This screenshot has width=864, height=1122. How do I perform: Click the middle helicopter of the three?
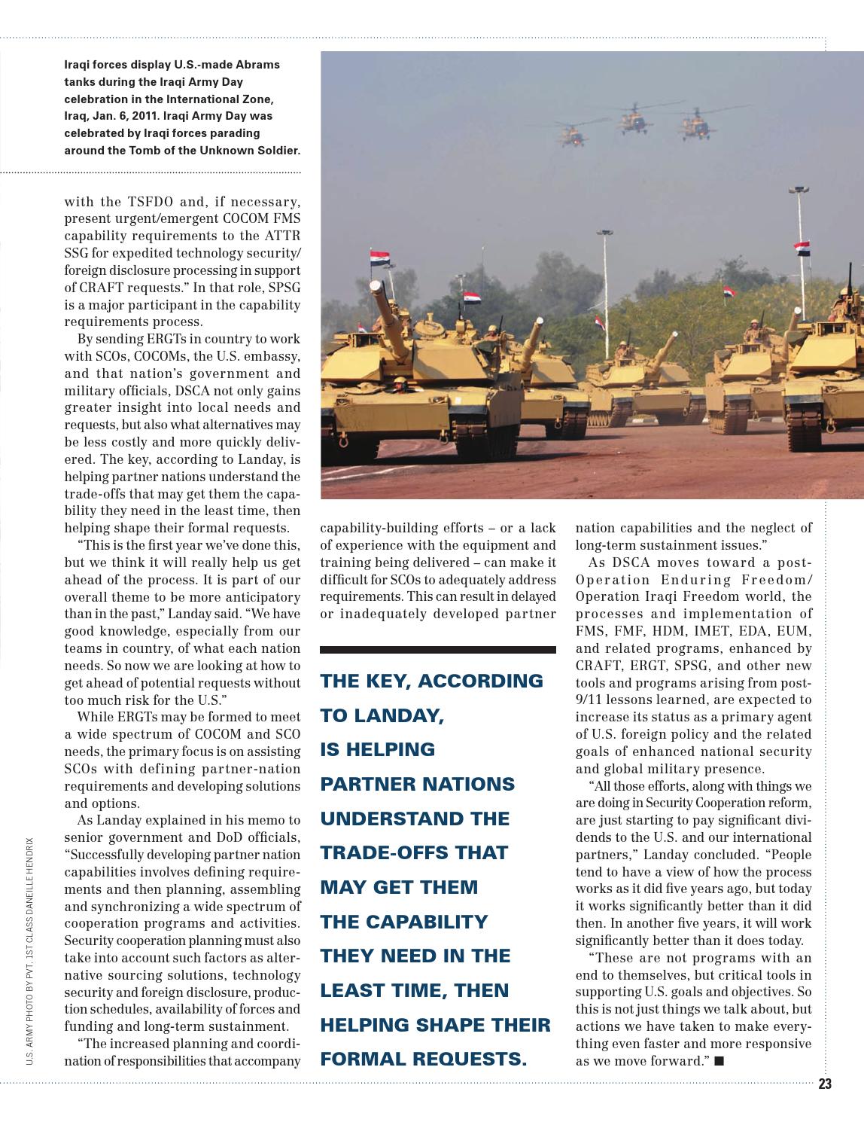tap(634, 119)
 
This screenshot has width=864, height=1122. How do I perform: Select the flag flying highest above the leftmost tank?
tap(380, 260)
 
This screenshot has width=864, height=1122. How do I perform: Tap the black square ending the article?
tap(719, 1061)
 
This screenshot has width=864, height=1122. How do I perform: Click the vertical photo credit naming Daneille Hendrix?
tap(29, 950)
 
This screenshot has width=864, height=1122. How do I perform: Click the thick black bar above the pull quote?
tap(437, 649)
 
